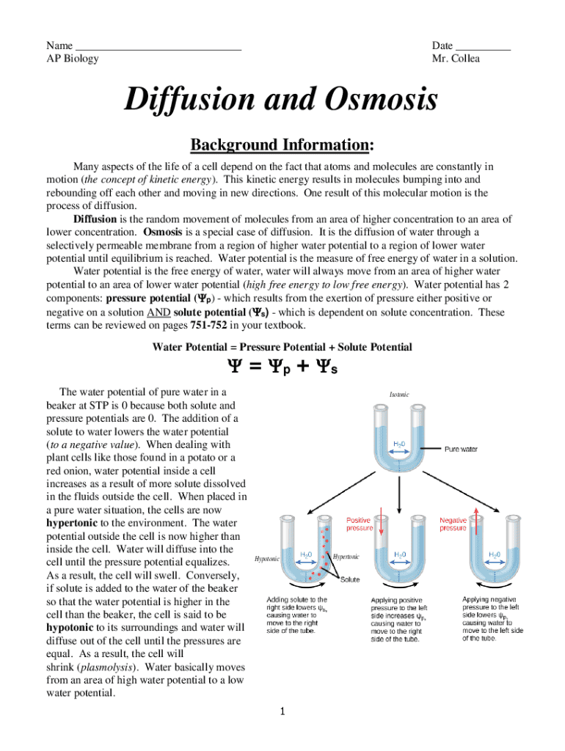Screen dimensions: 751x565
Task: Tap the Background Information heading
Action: click(x=282, y=144)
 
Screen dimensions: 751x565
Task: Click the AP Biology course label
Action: click(x=72, y=59)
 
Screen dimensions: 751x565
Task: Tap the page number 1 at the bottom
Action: click(x=282, y=711)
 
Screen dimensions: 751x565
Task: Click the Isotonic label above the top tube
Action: click(x=400, y=395)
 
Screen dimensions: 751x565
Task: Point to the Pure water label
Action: click(x=461, y=449)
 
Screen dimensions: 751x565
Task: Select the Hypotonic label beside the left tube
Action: click(x=266, y=559)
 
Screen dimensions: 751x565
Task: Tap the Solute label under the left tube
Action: click(x=350, y=580)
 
